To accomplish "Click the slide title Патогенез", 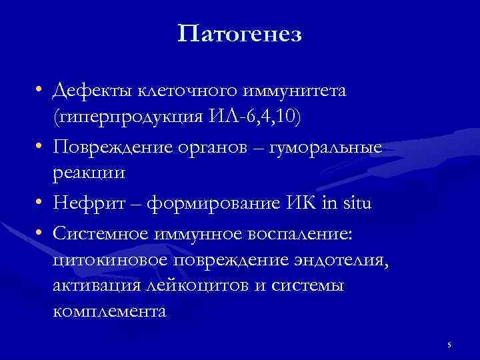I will click(240, 33).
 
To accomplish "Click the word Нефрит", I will click(87, 203).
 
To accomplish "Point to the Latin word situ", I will click(355, 203).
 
